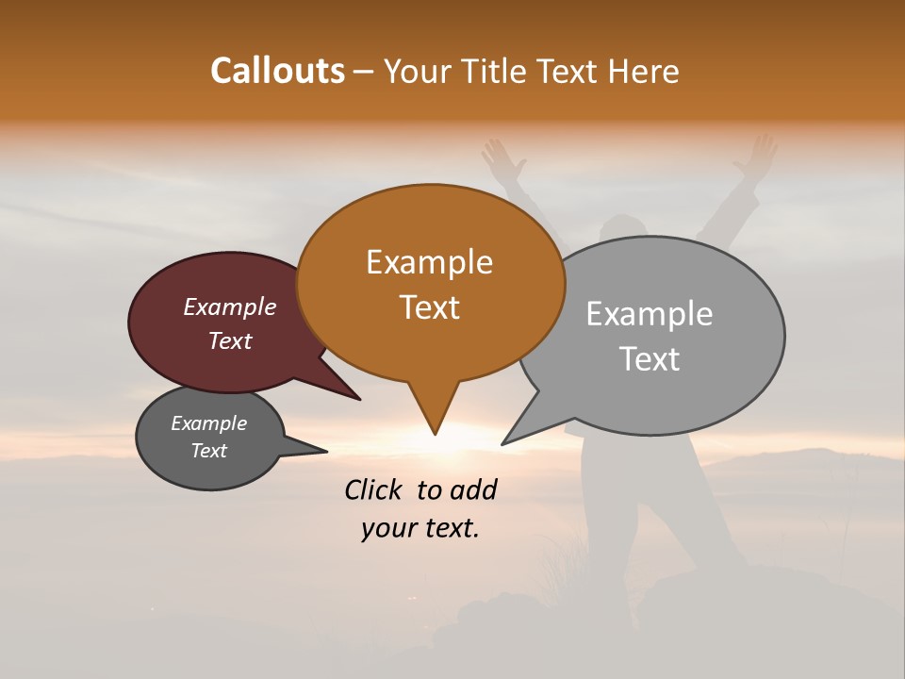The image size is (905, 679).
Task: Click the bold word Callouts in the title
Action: (x=277, y=71)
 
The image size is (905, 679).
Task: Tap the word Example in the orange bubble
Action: (x=429, y=262)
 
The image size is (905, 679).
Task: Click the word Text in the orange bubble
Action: (x=429, y=307)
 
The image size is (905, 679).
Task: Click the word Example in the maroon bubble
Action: (x=229, y=306)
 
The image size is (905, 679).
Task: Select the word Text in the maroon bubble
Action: (x=229, y=340)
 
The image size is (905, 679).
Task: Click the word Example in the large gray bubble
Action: (x=649, y=314)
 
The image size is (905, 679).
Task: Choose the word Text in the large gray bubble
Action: (x=649, y=359)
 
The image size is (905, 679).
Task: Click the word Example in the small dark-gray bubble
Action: (x=208, y=423)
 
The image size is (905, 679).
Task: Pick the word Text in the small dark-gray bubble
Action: (x=208, y=451)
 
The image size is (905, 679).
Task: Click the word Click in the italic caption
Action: (x=374, y=489)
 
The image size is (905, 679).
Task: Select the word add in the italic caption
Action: (x=473, y=489)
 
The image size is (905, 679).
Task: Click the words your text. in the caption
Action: (x=420, y=529)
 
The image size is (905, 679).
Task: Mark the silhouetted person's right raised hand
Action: (x=757, y=157)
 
